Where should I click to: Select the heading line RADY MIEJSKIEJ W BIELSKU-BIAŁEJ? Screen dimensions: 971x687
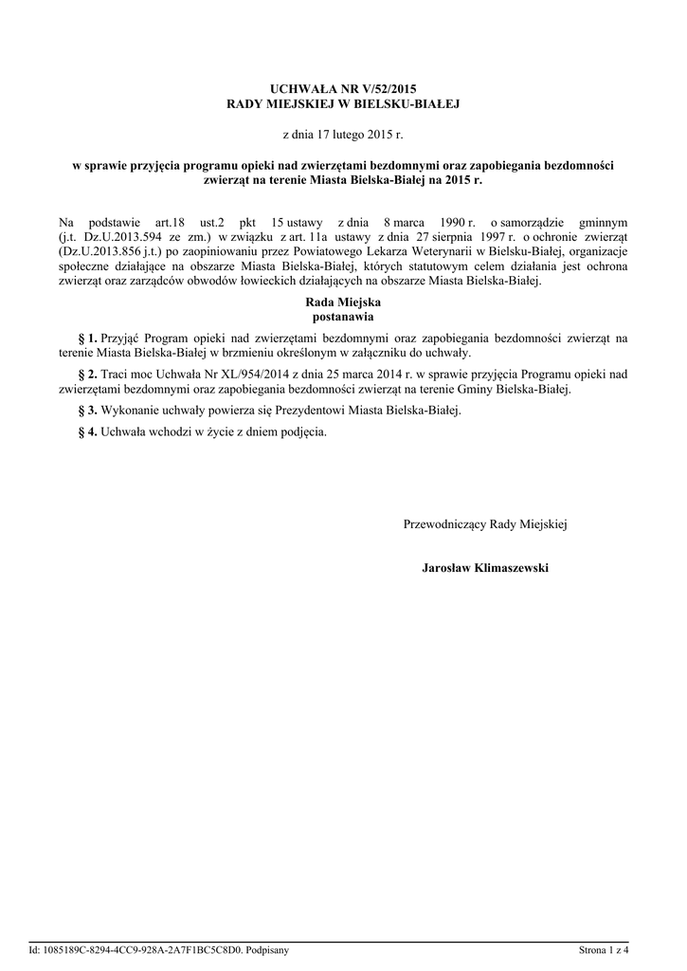343,102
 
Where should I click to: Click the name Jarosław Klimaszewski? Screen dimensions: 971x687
485,568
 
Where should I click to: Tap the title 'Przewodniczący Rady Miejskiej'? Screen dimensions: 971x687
485,523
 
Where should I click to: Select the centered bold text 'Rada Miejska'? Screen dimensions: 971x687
343,302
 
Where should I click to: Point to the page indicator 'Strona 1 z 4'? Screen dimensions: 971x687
605,949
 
